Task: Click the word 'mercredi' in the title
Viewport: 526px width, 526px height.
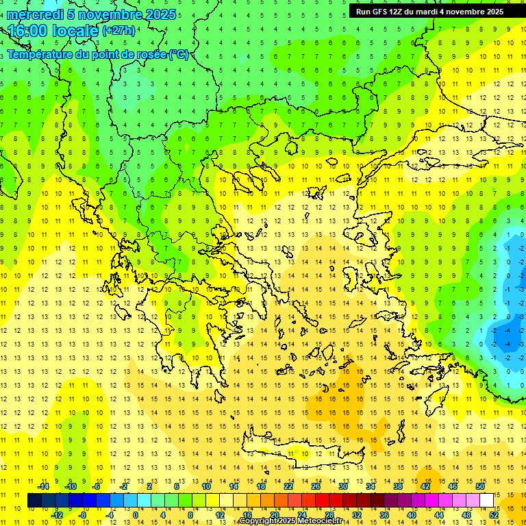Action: (x=35, y=14)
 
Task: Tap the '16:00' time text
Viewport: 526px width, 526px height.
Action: (x=27, y=31)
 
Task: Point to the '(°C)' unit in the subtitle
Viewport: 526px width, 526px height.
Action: (x=178, y=55)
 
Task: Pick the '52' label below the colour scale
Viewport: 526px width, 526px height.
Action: (x=494, y=515)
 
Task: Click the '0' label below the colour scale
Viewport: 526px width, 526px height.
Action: (x=136, y=515)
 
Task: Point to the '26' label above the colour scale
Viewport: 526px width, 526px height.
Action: (x=316, y=486)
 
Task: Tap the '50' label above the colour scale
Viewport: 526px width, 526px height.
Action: (x=480, y=486)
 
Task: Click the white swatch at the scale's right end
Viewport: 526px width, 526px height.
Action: (x=487, y=501)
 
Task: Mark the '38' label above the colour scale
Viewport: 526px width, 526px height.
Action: (x=398, y=486)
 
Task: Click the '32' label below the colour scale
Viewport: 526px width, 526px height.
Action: (x=357, y=515)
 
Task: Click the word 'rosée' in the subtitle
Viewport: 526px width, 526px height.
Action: (x=150, y=55)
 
